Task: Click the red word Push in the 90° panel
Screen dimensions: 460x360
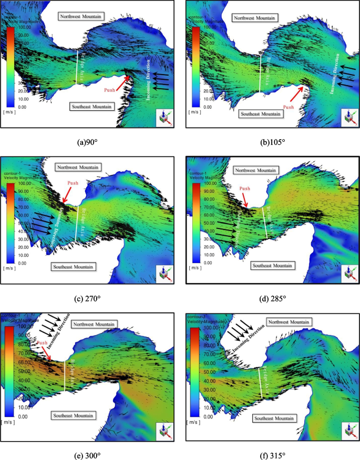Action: (x=110, y=90)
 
